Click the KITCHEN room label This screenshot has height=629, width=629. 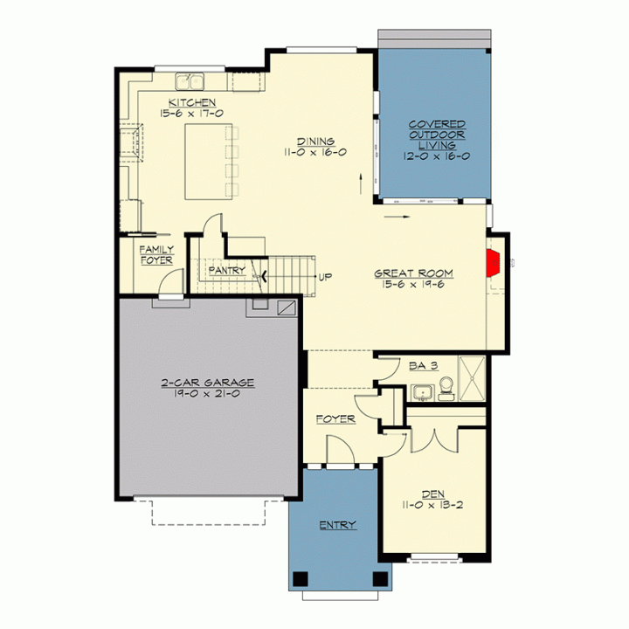pyautogui.click(x=192, y=103)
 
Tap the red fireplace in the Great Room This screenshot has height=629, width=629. pyautogui.click(x=493, y=263)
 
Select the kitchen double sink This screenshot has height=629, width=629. pyautogui.click(x=190, y=81)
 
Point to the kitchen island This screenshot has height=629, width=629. pyautogui.click(x=209, y=162)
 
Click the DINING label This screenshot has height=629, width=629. pyautogui.click(x=316, y=142)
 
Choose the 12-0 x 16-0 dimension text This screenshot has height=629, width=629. pyautogui.click(x=437, y=156)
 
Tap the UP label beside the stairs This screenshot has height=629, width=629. pyautogui.click(x=325, y=277)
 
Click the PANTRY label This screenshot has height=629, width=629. pyautogui.click(x=227, y=270)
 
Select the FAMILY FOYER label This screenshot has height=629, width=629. pyautogui.click(x=156, y=255)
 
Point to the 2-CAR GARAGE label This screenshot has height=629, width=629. pyautogui.click(x=208, y=383)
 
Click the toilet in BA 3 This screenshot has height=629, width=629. pyautogui.click(x=446, y=389)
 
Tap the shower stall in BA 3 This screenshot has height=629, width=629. pyautogui.click(x=472, y=378)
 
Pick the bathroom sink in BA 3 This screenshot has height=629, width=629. pyautogui.click(x=423, y=393)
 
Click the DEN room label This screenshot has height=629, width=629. pyautogui.click(x=433, y=494)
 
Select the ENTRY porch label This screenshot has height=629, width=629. pyautogui.click(x=338, y=525)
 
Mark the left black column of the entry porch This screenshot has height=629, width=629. pyautogui.click(x=300, y=579)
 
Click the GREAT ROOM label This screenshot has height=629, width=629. pyautogui.click(x=413, y=273)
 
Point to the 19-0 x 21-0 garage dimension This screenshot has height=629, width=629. pyautogui.click(x=207, y=394)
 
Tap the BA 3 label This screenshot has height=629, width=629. pyautogui.click(x=424, y=366)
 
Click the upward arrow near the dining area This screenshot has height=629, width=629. pyautogui.click(x=361, y=183)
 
